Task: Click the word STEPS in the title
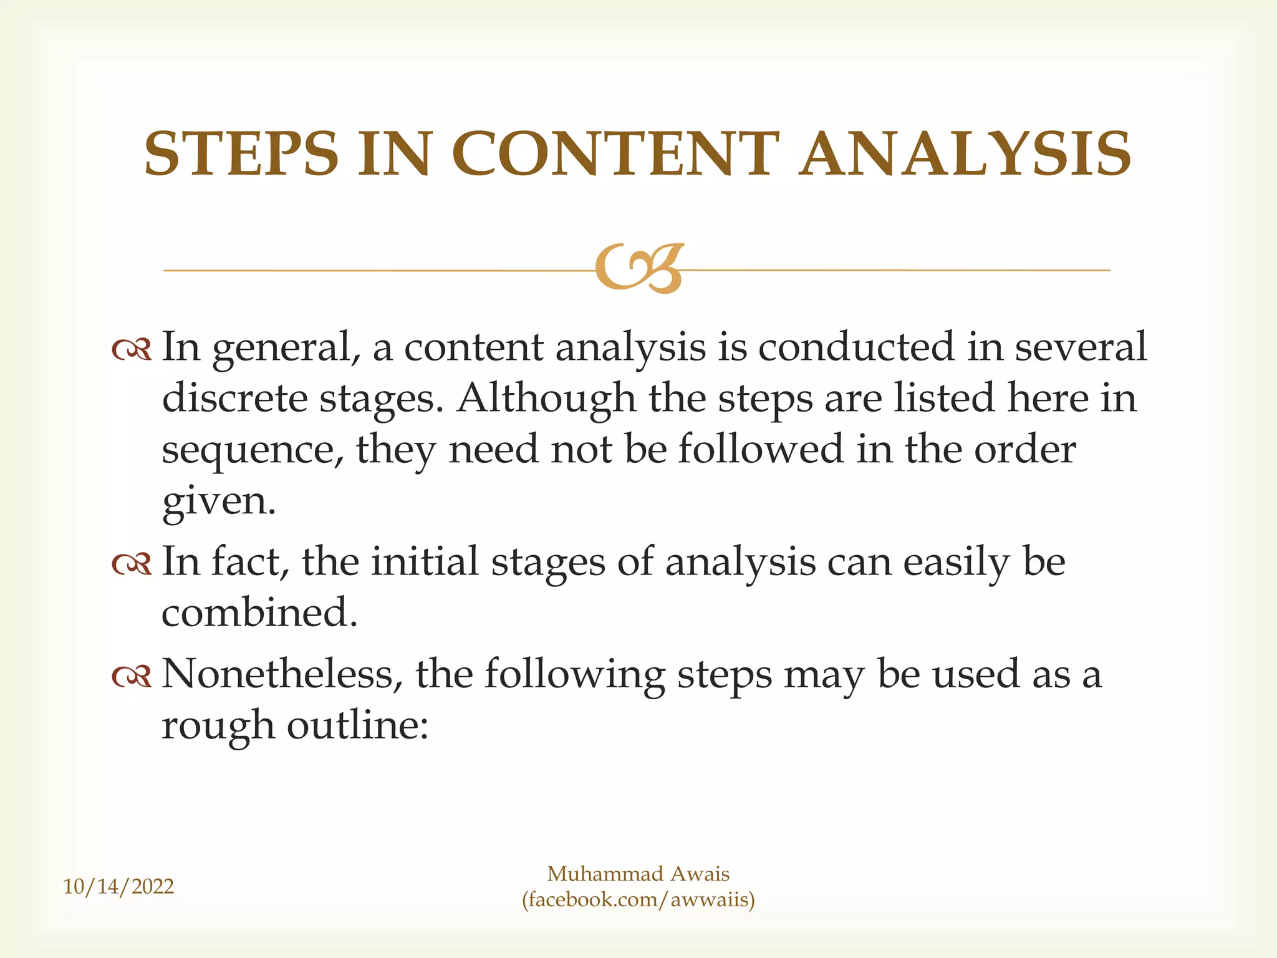pyautogui.click(x=241, y=153)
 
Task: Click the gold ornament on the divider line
pyautogui.click(x=639, y=268)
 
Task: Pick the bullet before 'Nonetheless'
pyautogui.click(x=132, y=677)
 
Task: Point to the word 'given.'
pyautogui.click(x=218, y=501)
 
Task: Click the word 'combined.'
pyautogui.click(x=259, y=612)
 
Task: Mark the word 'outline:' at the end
pyautogui.click(x=357, y=725)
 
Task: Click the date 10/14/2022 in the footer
pyautogui.click(x=118, y=886)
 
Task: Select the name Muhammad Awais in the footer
pyautogui.click(x=638, y=874)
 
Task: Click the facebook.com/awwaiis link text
pyautogui.click(x=638, y=899)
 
